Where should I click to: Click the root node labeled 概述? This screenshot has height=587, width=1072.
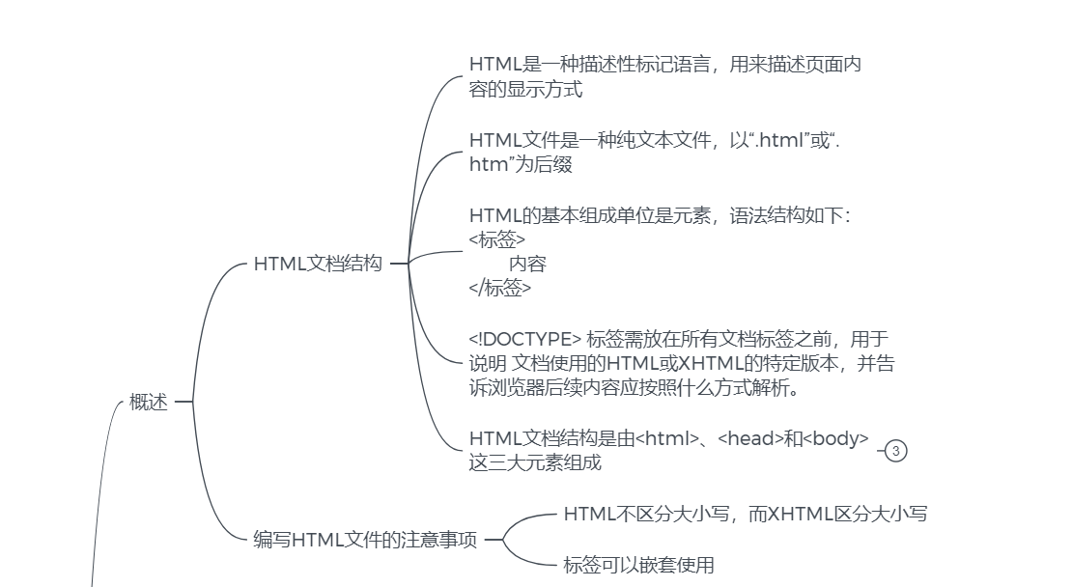tap(149, 403)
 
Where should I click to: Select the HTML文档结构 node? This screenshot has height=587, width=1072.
tap(318, 264)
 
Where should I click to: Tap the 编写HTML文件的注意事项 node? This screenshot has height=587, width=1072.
tap(365, 540)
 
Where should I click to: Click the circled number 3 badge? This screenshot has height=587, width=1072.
tap(895, 451)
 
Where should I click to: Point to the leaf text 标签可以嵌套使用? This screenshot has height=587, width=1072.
tap(638, 565)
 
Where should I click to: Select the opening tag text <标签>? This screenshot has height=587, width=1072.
tap(497, 239)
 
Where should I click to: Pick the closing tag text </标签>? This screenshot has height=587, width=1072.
tap(499, 288)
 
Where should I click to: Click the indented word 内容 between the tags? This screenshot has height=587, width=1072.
tap(527, 264)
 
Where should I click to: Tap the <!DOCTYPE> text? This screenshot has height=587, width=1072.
tap(524, 339)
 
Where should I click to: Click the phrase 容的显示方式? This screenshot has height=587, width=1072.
tap(525, 90)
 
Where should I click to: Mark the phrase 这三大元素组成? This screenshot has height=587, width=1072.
tap(535, 462)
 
